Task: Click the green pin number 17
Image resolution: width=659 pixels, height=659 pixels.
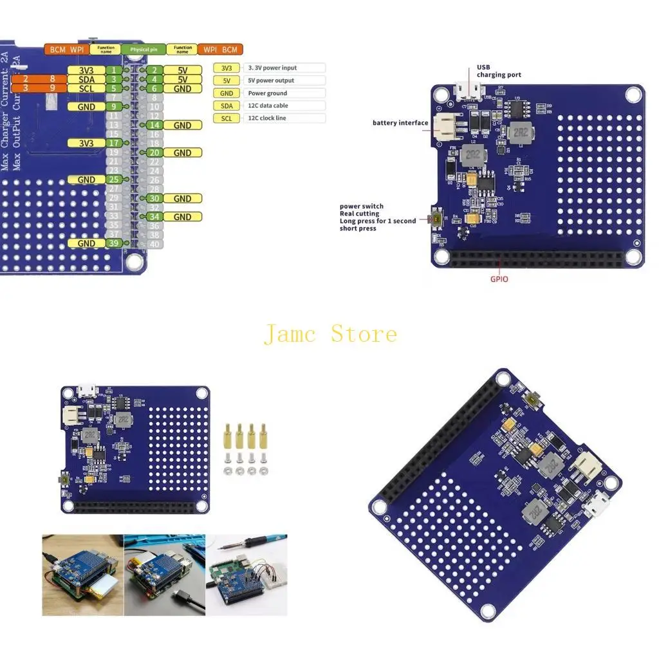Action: pos(113,143)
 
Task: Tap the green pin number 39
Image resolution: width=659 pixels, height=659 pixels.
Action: pos(113,243)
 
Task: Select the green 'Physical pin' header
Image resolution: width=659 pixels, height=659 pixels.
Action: pos(144,50)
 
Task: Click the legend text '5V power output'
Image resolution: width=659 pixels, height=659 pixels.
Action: pos(271,80)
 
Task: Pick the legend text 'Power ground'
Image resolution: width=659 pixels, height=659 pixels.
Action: pos(268,93)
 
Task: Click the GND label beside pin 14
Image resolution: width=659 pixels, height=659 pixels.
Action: pos(182,125)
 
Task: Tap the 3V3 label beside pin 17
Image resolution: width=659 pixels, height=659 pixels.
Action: pos(86,143)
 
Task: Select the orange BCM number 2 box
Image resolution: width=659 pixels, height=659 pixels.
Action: pos(25,79)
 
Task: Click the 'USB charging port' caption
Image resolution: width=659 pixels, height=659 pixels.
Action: pos(499,71)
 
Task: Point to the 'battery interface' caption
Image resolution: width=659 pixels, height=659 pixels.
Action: pos(400,123)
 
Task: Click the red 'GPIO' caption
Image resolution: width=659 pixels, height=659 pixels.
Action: pos(499,279)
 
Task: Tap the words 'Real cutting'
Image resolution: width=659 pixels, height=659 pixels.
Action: pos(359,214)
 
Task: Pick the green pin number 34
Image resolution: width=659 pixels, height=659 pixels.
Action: pos(154,217)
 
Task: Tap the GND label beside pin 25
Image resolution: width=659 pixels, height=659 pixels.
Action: pos(86,180)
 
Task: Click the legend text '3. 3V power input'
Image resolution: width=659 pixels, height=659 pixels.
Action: pos(273,68)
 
